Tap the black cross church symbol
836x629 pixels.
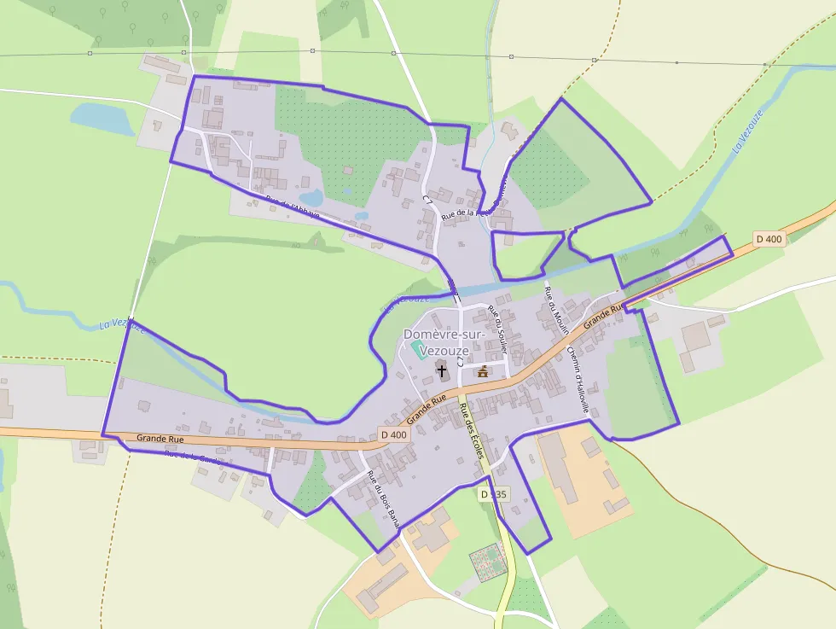click(441, 370)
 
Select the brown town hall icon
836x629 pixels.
click(483, 371)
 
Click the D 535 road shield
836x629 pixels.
click(493, 494)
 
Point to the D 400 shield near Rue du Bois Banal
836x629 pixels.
click(395, 434)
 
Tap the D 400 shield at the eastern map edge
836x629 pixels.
click(769, 239)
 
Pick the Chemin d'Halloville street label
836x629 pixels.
click(578, 379)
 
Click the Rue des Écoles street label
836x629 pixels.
click(472, 431)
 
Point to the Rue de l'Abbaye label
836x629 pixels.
click(292, 207)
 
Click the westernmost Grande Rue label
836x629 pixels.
click(160, 439)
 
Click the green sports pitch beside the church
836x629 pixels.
click(419, 350)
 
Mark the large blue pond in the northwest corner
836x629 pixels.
click(101, 119)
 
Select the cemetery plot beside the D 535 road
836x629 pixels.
click(487, 561)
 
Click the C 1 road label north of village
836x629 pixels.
click(427, 199)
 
